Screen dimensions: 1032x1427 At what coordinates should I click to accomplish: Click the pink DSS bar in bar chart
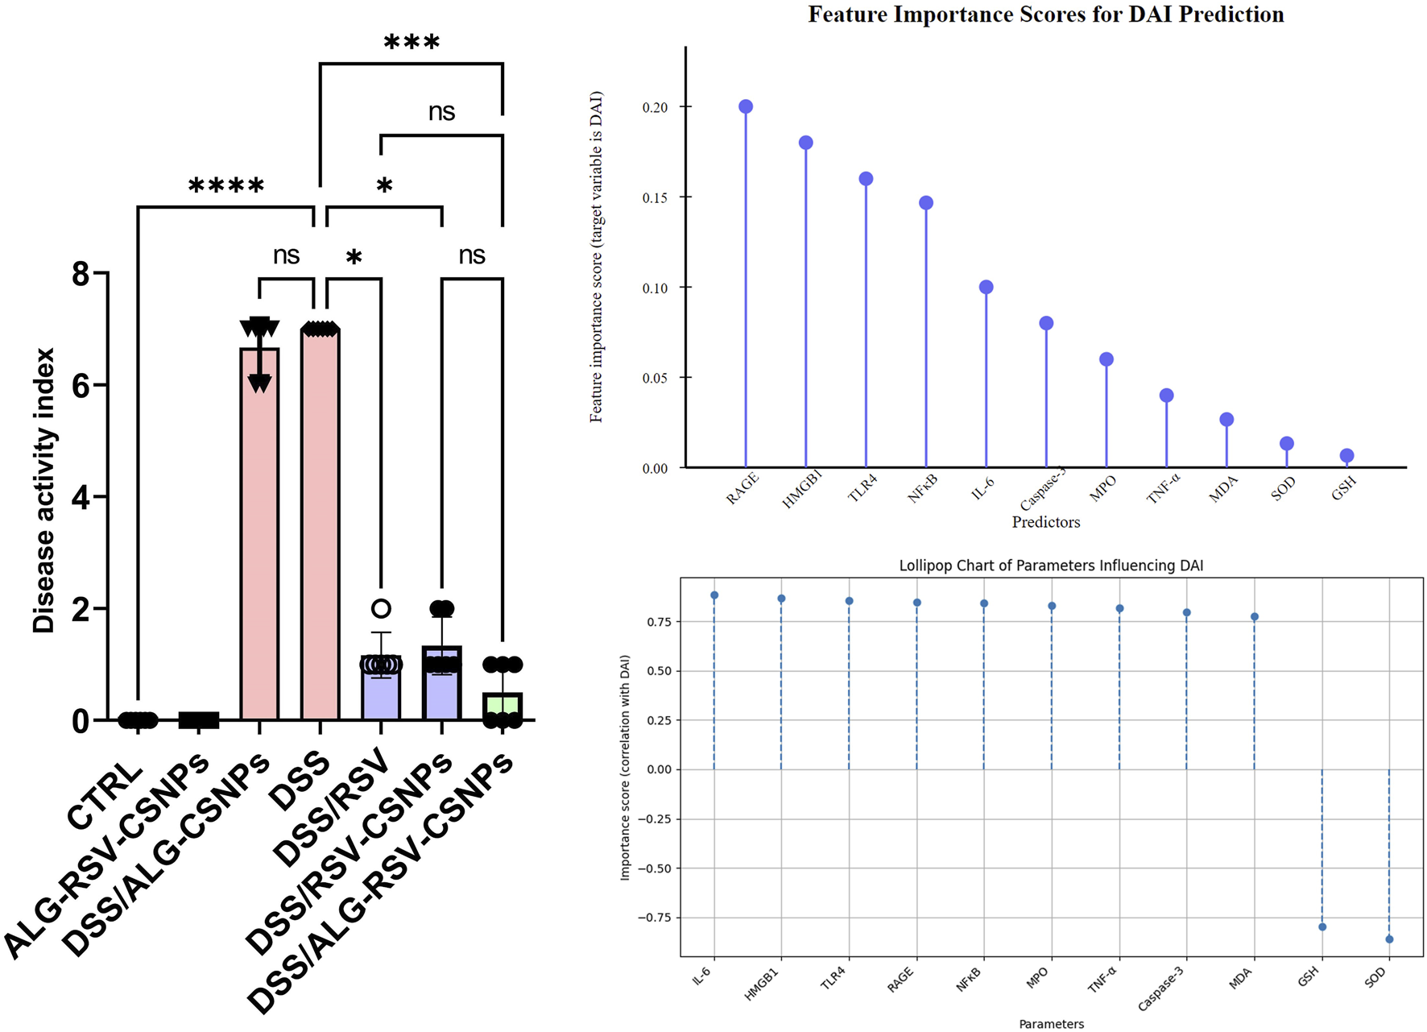click(x=320, y=524)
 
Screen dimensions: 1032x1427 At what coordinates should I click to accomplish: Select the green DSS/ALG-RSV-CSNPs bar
click(x=503, y=707)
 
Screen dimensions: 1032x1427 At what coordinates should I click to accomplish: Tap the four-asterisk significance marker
click(x=226, y=186)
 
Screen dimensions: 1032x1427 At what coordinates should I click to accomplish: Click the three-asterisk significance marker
click(x=412, y=43)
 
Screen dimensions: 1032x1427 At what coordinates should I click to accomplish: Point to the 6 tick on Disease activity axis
click(x=81, y=385)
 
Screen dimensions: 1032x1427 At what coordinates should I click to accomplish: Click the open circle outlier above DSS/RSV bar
click(x=381, y=608)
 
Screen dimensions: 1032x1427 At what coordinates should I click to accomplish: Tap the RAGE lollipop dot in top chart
click(x=746, y=107)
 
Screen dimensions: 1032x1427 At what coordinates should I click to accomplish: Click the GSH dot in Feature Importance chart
click(x=1346, y=456)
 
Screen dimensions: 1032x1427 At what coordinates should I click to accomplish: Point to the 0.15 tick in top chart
click(x=655, y=198)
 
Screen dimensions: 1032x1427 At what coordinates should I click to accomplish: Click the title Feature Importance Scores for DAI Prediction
click(x=1045, y=15)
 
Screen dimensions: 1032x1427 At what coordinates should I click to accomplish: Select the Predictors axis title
click(x=1045, y=522)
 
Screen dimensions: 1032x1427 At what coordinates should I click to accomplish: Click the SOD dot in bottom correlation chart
click(x=1389, y=939)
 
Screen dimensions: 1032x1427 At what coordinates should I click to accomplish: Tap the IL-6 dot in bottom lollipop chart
click(x=714, y=595)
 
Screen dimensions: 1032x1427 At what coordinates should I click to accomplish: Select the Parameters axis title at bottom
click(x=1051, y=1024)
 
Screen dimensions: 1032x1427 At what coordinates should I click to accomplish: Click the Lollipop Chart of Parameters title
click(x=1051, y=566)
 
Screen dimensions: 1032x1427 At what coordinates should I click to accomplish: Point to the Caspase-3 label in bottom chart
click(x=1160, y=988)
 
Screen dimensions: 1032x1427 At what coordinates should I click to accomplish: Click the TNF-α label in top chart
click(x=1164, y=488)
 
